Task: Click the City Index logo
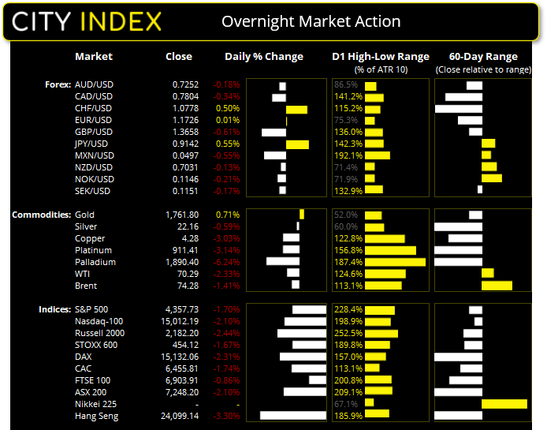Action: [x=87, y=21]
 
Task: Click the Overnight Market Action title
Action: [x=311, y=21]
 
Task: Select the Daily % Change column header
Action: [x=264, y=57]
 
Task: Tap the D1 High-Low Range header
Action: [x=381, y=57]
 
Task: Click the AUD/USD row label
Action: [x=93, y=84]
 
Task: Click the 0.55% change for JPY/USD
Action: [x=229, y=144]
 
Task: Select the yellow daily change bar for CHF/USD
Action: [x=297, y=108]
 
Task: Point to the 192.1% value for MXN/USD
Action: [x=348, y=155]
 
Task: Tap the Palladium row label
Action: [x=95, y=262]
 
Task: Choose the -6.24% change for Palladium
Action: [x=227, y=262]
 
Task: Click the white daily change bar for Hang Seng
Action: [x=292, y=415]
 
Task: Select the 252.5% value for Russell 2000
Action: [x=348, y=333]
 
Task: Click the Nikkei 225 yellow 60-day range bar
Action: [x=504, y=404]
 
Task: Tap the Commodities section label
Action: [x=39, y=215]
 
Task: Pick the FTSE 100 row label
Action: [x=92, y=380]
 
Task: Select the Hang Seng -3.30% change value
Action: [x=227, y=416]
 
